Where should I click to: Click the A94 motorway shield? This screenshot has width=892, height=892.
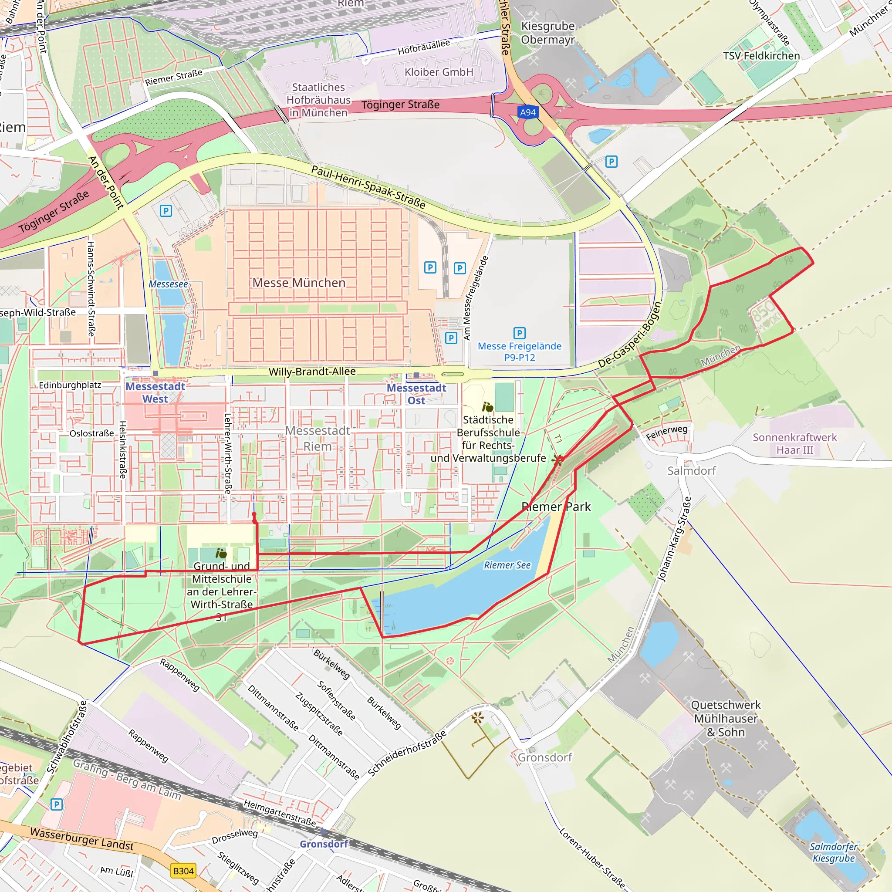click(528, 112)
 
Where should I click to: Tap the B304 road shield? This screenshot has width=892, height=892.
click(183, 871)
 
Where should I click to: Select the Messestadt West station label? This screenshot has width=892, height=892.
click(155, 392)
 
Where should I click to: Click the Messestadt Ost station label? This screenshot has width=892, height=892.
click(416, 394)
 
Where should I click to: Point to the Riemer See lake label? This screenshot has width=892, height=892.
click(507, 565)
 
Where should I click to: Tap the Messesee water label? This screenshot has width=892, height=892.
click(168, 284)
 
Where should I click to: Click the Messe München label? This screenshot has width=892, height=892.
click(299, 283)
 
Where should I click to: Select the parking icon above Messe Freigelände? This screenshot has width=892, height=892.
click(520, 333)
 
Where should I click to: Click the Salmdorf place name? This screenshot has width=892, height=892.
click(691, 470)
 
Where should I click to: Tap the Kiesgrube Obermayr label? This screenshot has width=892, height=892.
click(547, 33)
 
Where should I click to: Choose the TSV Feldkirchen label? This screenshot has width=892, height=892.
click(761, 56)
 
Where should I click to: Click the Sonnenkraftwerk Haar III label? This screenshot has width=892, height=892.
click(794, 443)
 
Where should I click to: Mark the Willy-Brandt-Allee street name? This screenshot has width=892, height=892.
click(312, 371)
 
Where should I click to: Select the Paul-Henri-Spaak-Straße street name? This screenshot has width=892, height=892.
click(368, 186)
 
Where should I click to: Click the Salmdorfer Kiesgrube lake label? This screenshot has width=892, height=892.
click(833, 852)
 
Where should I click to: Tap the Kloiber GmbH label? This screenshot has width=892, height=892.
click(439, 72)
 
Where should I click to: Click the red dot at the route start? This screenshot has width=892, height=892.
click(254, 514)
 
